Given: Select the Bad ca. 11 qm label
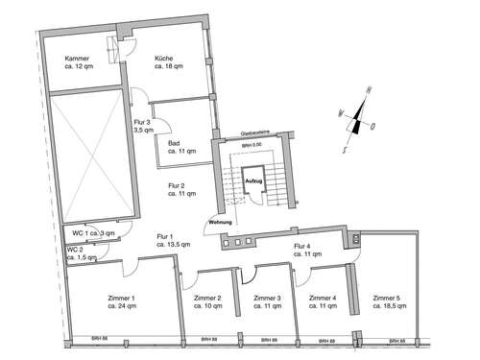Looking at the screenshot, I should click(180, 147).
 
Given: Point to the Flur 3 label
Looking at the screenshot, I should click(144, 127).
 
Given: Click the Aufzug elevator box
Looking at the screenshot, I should click(252, 180).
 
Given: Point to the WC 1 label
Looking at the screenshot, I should click(91, 233).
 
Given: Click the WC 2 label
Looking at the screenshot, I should click(82, 254).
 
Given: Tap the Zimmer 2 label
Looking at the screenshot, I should click(207, 302).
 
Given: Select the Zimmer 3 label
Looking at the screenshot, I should click(267, 302).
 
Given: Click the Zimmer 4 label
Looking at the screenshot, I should click(321, 302).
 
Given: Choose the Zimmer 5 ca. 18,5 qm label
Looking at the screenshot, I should click(391, 302).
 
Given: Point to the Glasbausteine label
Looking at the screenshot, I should click(253, 135).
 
